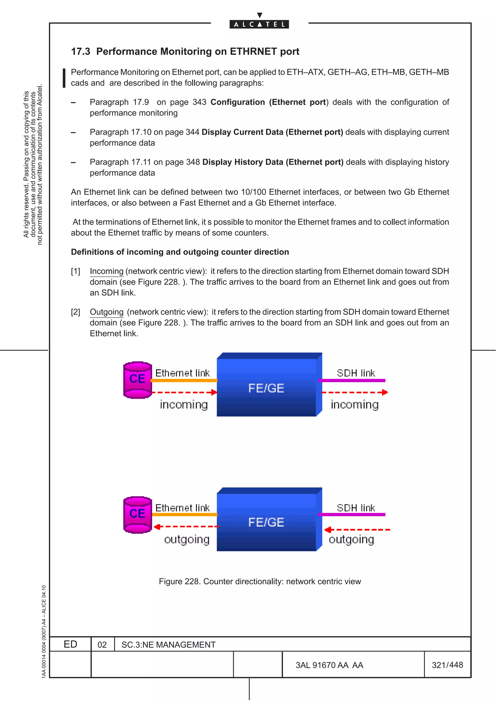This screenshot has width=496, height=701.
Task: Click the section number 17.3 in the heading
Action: tap(81, 51)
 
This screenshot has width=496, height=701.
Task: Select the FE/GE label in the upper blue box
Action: tap(266, 388)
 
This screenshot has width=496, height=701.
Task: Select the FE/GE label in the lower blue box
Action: tap(266, 522)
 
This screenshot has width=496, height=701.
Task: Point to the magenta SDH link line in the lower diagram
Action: tap(352, 515)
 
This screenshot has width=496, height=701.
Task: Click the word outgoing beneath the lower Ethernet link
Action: tap(187, 539)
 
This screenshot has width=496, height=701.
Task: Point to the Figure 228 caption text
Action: tap(260, 581)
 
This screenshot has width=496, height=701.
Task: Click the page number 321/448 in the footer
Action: tap(447, 665)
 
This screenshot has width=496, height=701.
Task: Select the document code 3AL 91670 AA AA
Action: tap(329, 665)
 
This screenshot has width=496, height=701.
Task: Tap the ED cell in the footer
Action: tap(70, 644)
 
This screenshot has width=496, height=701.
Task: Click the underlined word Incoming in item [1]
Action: tap(107, 271)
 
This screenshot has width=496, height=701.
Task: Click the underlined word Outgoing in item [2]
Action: tap(107, 312)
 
